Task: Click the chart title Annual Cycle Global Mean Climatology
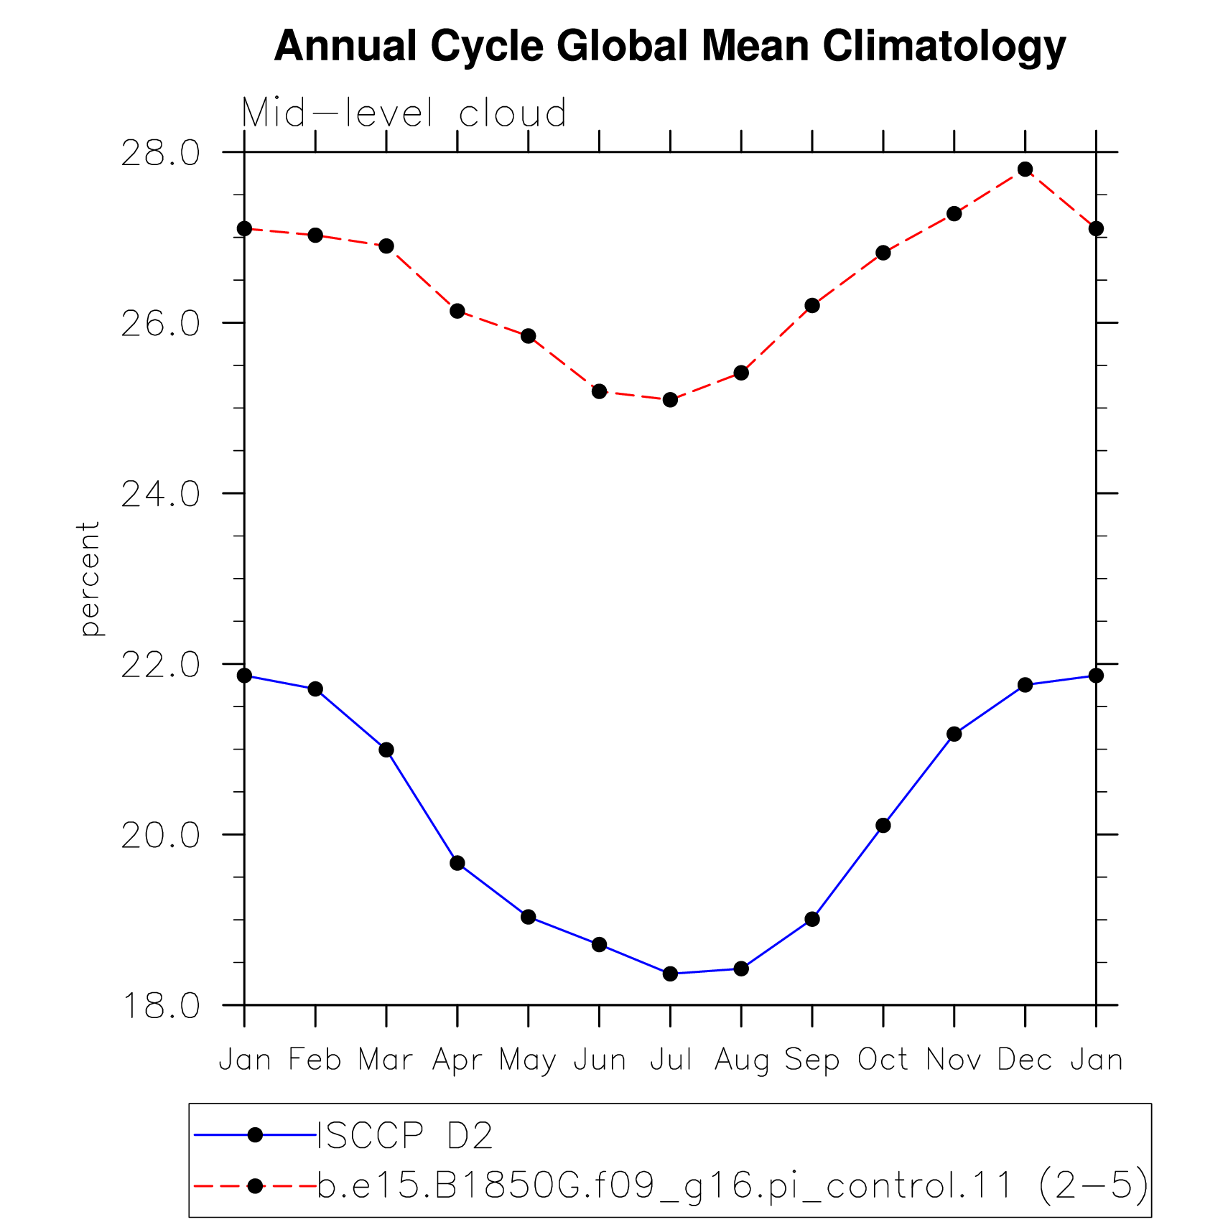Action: pos(670,47)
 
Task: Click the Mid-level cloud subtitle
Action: pos(404,113)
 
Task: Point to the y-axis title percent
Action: pos(89,579)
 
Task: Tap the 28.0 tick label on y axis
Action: pos(160,153)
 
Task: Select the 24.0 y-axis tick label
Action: pos(160,494)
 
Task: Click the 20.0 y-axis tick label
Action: pos(160,835)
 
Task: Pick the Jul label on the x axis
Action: pos(671,1060)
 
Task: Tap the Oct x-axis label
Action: pos(883,1060)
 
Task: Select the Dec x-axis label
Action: pos(1025,1060)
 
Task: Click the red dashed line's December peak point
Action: pos(1025,169)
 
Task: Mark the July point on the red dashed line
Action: pos(670,400)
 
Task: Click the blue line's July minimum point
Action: pos(670,974)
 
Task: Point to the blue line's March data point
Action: pos(386,750)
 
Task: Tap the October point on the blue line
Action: pos(883,826)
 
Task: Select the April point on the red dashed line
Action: pos(457,311)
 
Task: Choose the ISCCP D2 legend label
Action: pos(405,1135)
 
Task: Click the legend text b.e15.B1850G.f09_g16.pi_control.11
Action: pos(665,1185)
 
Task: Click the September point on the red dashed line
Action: pos(812,306)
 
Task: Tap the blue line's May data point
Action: pos(529,917)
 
